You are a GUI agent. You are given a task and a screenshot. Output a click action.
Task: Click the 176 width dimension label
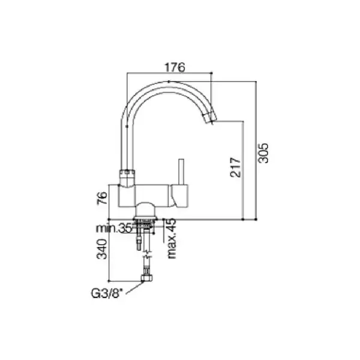click(x=175, y=67)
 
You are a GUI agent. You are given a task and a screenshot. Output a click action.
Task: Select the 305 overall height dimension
click(x=263, y=153)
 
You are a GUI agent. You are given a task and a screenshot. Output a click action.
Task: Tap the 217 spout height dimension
click(x=235, y=167)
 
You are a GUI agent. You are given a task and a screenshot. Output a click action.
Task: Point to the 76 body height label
click(x=102, y=198)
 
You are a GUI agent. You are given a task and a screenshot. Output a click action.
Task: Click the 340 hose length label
click(x=102, y=249)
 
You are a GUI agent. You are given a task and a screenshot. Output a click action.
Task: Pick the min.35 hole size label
click(x=114, y=229)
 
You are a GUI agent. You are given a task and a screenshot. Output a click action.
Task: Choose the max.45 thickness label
click(x=172, y=238)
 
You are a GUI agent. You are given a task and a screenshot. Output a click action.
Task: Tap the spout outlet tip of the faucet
click(x=211, y=118)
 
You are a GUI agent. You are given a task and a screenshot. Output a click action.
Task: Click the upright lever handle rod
click(x=181, y=172)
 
